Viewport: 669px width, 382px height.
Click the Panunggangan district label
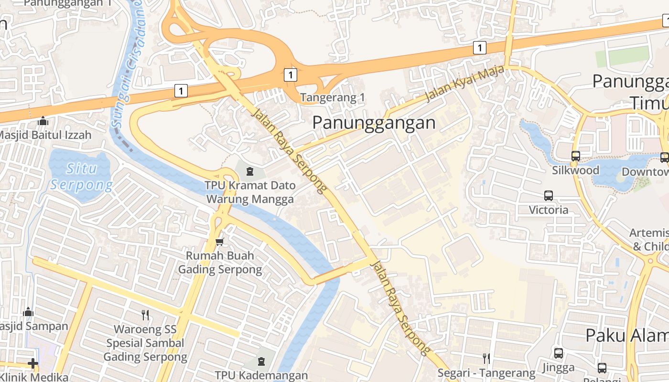[x=374, y=123]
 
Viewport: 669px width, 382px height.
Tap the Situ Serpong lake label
[x=81, y=176]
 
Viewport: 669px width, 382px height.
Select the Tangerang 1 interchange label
[x=332, y=98]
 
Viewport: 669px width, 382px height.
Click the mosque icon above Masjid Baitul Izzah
[x=43, y=121]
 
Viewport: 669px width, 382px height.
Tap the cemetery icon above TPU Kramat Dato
[x=249, y=171]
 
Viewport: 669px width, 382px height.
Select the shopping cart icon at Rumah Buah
[x=219, y=242]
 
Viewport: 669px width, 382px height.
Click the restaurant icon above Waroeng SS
[x=145, y=315]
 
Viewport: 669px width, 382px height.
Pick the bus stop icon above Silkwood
[x=575, y=156]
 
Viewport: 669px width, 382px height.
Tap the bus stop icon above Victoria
[x=549, y=195]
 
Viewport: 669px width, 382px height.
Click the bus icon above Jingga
[x=558, y=353]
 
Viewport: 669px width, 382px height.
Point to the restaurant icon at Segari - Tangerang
[x=486, y=359]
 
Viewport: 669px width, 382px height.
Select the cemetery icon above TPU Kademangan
[x=261, y=361]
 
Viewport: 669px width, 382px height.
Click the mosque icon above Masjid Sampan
[x=28, y=312]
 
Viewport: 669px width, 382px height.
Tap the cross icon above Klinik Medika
[x=32, y=364]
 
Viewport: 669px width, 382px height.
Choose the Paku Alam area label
[x=626, y=335]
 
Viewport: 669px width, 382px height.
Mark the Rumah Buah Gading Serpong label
[x=220, y=263]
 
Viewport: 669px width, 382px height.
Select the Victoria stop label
[x=549, y=210]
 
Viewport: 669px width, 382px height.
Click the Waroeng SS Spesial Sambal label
[x=145, y=343]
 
